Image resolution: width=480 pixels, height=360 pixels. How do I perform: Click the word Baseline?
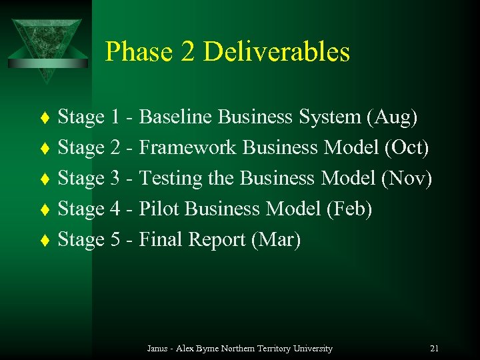click(176, 117)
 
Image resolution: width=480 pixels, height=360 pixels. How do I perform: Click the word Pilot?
click(159, 209)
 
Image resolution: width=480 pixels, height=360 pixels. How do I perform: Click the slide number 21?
click(434, 349)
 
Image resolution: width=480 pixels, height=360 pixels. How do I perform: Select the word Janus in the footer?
click(157, 349)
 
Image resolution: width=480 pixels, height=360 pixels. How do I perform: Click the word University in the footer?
click(309, 349)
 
